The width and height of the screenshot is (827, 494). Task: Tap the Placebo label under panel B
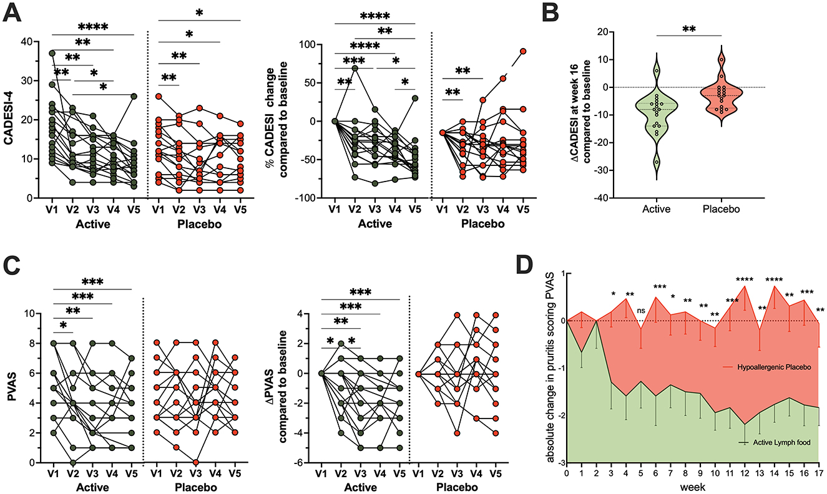point(721,210)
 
